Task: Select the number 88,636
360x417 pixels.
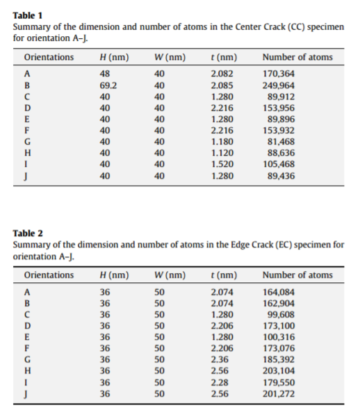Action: click(281, 153)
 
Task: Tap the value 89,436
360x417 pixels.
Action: click(281, 177)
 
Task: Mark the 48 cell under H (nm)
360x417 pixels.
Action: click(105, 74)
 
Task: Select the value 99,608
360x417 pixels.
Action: click(281, 314)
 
